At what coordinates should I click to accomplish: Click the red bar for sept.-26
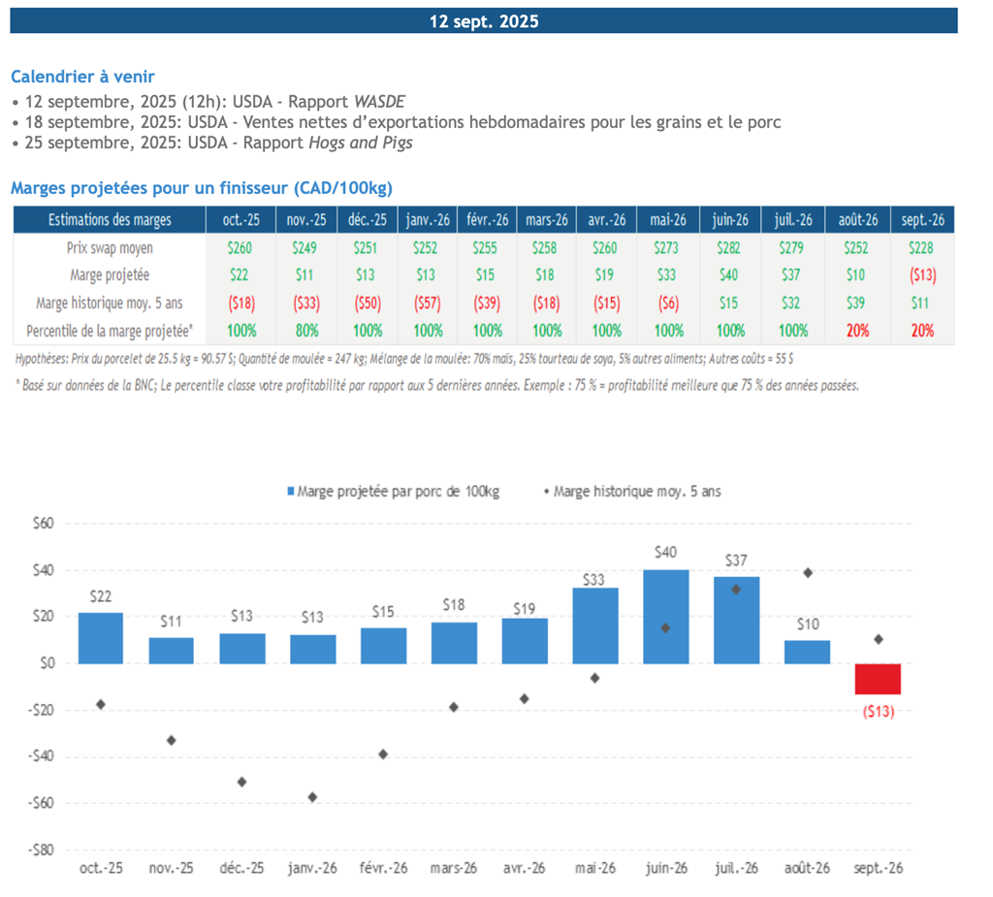tap(878, 679)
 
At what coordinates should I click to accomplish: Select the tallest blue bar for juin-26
tap(666, 616)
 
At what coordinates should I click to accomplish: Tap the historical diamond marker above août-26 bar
tap(808, 573)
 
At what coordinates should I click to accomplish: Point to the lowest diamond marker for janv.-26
tap(312, 797)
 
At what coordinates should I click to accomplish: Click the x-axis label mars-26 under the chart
tap(454, 868)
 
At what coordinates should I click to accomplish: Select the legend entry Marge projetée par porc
tap(393, 492)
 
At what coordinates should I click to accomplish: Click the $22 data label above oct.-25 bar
tap(100, 597)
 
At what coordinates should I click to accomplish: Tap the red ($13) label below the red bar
tap(878, 712)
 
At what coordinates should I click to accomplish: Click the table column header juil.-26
tap(792, 220)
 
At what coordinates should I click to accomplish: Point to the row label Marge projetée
tap(109, 275)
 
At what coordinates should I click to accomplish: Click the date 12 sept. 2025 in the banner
tap(484, 21)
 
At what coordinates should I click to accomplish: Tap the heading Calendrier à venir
tap(82, 77)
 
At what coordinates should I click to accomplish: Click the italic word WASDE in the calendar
tap(379, 101)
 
